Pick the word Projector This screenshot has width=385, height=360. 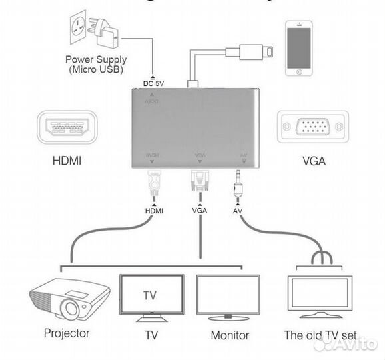point(67,332)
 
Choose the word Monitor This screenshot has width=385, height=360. point(230,335)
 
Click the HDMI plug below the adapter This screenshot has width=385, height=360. point(153,183)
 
